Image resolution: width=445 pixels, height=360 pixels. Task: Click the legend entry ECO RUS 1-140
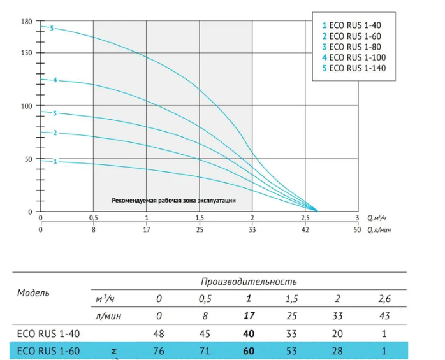(x=354, y=68)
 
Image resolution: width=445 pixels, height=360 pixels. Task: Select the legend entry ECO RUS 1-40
(x=351, y=25)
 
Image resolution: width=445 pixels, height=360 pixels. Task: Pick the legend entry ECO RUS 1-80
(x=351, y=47)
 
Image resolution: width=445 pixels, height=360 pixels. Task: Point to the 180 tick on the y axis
(x=27, y=22)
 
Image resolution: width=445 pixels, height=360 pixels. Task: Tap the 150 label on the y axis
(x=27, y=53)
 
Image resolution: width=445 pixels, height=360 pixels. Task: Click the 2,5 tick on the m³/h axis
(x=305, y=218)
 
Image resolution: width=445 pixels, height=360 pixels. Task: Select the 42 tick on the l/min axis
(x=305, y=229)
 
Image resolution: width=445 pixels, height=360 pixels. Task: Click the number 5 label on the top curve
(x=52, y=29)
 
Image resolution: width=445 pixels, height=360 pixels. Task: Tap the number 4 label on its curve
(x=55, y=80)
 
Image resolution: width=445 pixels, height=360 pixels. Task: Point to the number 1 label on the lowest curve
(x=55, y=161)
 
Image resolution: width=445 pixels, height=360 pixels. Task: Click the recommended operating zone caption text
(x=173, y=201)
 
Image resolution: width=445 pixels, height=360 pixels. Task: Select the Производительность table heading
(x=249, y=282)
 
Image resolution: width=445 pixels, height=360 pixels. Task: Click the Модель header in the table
(x=33, y=292)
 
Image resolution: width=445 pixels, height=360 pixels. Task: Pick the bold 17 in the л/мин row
(x=249, y=316)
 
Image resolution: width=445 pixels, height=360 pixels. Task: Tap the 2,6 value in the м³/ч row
(x=384, y=299)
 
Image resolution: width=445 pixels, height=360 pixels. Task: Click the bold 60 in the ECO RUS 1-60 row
(x=249, y=351)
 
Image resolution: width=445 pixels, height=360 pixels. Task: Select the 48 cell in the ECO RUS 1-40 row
(x=159, y=334)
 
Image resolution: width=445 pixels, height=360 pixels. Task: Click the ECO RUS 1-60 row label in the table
(x=48, y=351)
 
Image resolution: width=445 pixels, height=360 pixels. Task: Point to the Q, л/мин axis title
(x=379, y=230)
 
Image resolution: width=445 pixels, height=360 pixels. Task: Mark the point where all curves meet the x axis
(x=317, y=212)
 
